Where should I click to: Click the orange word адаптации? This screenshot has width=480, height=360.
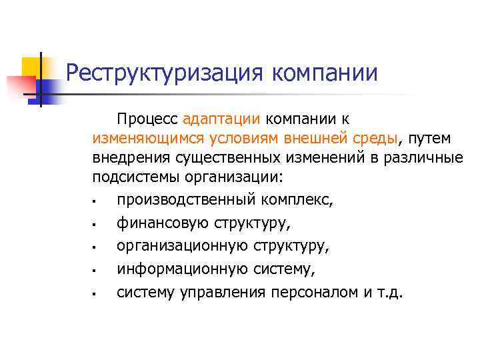(x=221, y=119)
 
